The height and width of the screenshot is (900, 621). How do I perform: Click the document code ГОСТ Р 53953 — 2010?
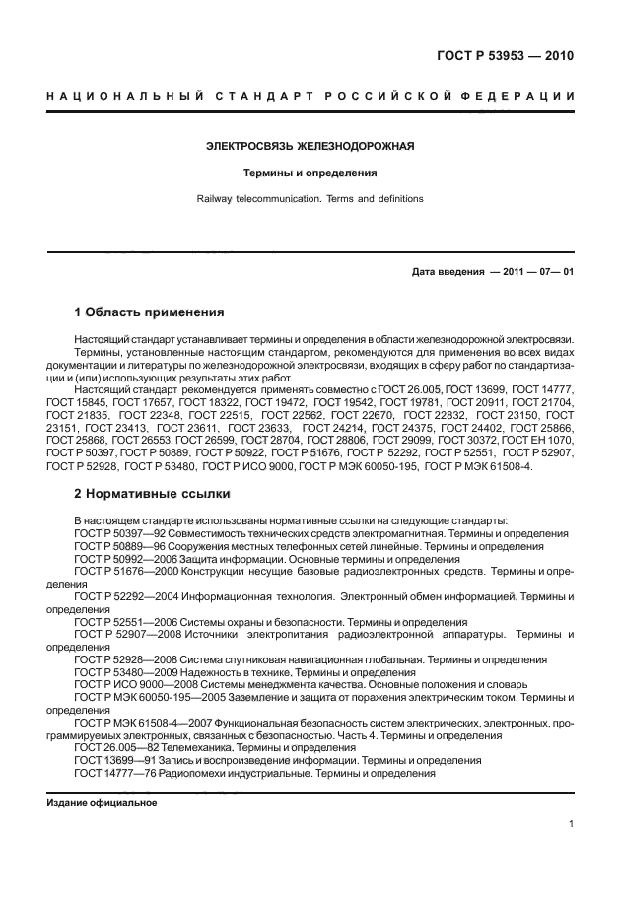point(505,55)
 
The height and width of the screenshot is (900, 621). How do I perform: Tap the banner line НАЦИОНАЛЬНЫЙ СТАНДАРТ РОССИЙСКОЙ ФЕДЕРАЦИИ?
point(310,96)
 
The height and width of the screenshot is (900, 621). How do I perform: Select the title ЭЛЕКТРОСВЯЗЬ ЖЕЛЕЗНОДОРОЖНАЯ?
point(310,147)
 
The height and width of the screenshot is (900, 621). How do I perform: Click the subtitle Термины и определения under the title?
point(310,173)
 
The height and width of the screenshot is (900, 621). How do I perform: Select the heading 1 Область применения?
point(149,312)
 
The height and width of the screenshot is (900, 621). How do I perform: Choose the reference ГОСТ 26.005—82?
point(114,749)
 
